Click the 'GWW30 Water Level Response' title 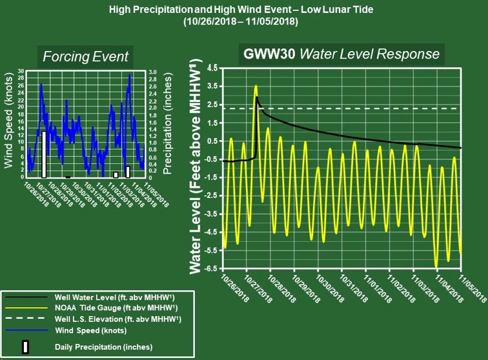pyautogui.click(x=341, y=54)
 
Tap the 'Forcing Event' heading pyautogui.click(x=85, y=56)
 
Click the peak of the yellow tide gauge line pyautogui.click(x=256, y=86)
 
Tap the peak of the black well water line pyautogui.click(x=257, y=97)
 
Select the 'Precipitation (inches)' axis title pyautogui.click(x=167, y=123)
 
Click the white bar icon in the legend pyautogui.click(x=26, y=346)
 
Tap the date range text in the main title pyautogui.click(x=243, y=21)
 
